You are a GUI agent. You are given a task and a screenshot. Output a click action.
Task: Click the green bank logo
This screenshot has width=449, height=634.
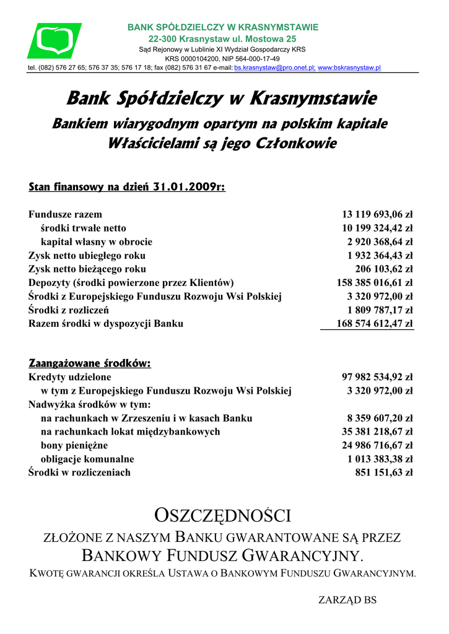tap(54, 41)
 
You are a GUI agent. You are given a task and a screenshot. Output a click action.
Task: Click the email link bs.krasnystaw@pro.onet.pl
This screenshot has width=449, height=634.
tap(274, 67)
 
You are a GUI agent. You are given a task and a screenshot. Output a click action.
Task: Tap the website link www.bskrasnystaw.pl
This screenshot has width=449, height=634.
tap(349, 67)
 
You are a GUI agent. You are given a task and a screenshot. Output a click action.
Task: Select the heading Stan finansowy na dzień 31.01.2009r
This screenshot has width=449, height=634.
tap(127, 186)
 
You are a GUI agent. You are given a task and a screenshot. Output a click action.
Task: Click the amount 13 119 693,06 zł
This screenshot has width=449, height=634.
tap(377, 215)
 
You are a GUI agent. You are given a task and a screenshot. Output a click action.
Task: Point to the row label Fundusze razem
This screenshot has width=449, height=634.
tap(65, 215)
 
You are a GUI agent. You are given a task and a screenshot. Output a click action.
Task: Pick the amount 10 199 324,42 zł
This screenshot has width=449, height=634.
tap(377, 228)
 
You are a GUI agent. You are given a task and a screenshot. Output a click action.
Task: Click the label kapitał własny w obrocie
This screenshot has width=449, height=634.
tap(96, 242)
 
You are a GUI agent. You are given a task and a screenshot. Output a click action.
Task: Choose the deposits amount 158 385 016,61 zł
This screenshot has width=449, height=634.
tap(375, 283)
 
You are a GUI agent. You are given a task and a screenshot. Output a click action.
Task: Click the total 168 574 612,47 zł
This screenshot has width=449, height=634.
tap(375, 324)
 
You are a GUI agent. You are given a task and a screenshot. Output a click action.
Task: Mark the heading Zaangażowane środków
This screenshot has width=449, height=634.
tap(90, 363)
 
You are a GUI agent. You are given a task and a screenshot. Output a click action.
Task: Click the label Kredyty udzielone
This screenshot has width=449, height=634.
tap(70, 377)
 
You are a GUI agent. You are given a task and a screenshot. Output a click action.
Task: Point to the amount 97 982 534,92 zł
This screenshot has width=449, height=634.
tap(377, 377)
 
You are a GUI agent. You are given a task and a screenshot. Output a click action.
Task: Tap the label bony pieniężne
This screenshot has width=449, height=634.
tap(74, 445)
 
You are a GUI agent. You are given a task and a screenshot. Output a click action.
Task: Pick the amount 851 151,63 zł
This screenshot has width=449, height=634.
tap(383, 472)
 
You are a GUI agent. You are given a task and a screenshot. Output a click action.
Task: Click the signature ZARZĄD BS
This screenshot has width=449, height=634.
tap(347, 600)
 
